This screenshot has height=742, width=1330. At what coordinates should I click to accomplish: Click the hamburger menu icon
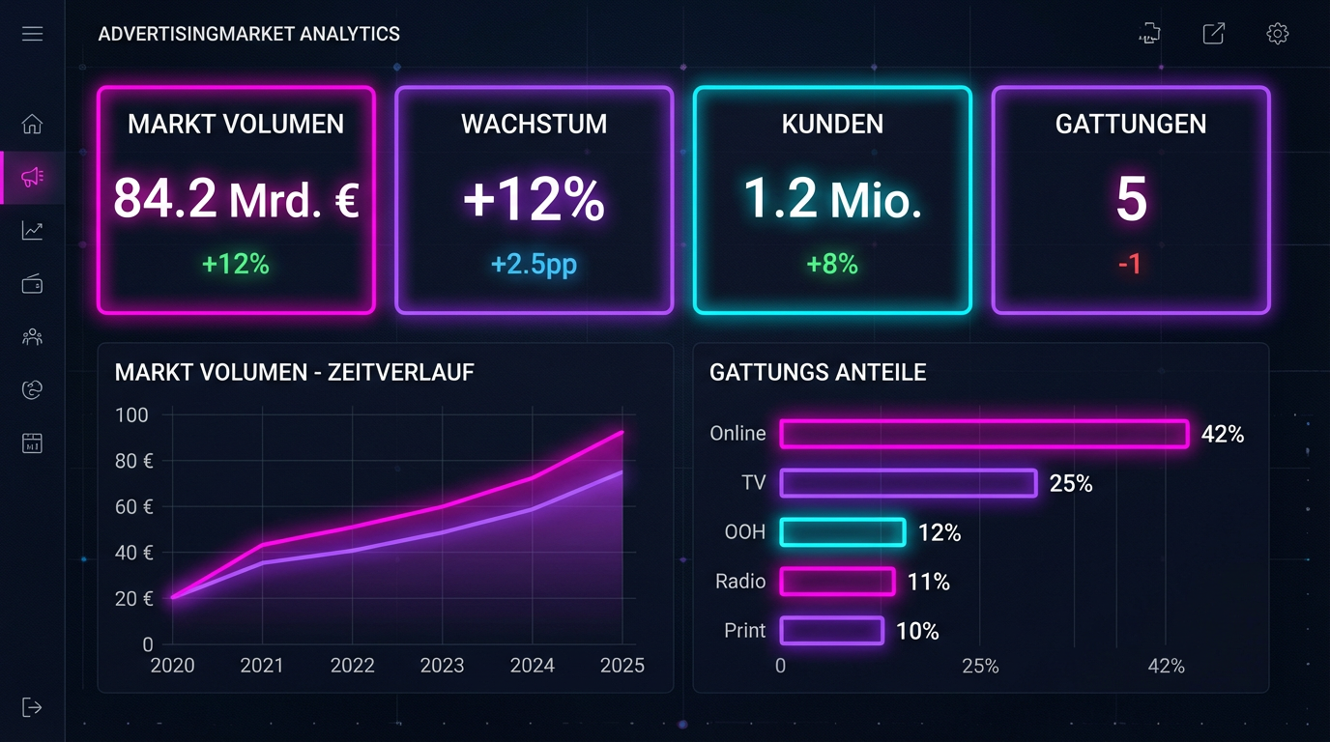click(32, 34)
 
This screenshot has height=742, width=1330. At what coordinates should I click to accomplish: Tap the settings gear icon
click(1277, 34)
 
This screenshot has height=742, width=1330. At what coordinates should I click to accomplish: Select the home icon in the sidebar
click(32, 124)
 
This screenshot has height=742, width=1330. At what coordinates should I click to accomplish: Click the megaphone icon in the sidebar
click(32, 177)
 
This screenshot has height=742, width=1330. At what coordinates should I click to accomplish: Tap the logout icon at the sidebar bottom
click(32, 707)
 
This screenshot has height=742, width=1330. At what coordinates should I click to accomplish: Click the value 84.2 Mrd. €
click(236, 199)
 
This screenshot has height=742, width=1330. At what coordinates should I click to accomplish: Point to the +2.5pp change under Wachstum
click(534, 264)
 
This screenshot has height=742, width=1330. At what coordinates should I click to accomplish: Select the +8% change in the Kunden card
click(832, 264)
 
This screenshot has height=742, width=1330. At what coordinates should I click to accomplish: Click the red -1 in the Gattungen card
click(1130, 264)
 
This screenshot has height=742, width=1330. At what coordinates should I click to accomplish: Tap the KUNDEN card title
click(832, 124)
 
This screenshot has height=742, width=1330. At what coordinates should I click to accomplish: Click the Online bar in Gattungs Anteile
click(983, 434)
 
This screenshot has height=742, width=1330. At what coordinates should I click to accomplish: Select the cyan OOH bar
click(842, 532)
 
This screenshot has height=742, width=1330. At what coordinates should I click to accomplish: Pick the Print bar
click(831, 631)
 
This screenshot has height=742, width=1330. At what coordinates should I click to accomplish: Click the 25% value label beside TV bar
click(1070, 483)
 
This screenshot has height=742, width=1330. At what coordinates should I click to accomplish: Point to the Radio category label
click(740, 582)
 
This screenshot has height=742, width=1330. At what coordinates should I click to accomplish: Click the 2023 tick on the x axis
click(442, 666)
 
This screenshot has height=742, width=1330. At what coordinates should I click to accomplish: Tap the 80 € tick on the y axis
click(134, 461)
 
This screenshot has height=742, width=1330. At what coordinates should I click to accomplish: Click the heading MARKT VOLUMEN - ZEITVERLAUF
click(294, 372)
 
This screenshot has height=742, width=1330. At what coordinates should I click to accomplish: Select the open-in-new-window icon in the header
click(1213, 34)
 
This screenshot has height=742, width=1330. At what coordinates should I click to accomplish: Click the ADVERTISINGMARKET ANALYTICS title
click(248, 34)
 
